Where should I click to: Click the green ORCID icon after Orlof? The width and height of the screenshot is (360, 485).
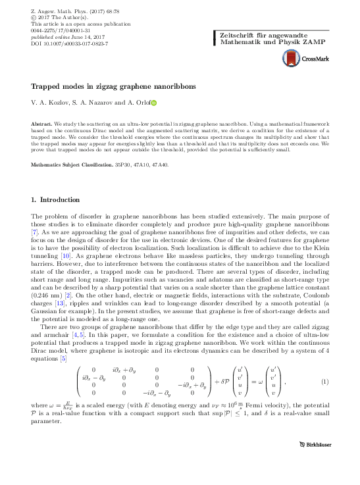pos(155,103)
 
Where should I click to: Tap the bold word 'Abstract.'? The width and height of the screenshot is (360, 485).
pos(43,124)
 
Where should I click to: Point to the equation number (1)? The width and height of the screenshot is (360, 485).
pos(324,382)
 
